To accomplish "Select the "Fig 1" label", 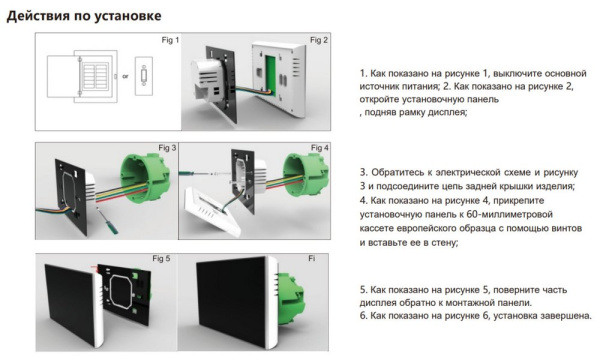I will point(170,40).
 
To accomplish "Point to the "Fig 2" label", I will point(318,40).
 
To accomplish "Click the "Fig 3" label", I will point(166,148).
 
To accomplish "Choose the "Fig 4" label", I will point(318,148).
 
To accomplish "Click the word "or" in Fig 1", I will point(125,75).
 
